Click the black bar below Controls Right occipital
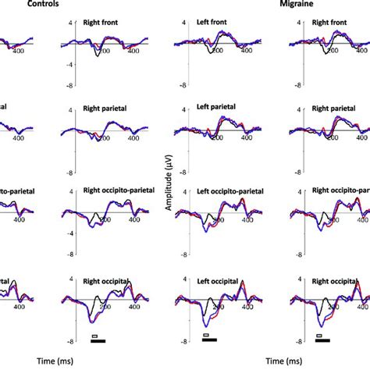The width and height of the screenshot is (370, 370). (98, 341)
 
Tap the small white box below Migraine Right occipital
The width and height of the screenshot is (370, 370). (318, 335)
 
